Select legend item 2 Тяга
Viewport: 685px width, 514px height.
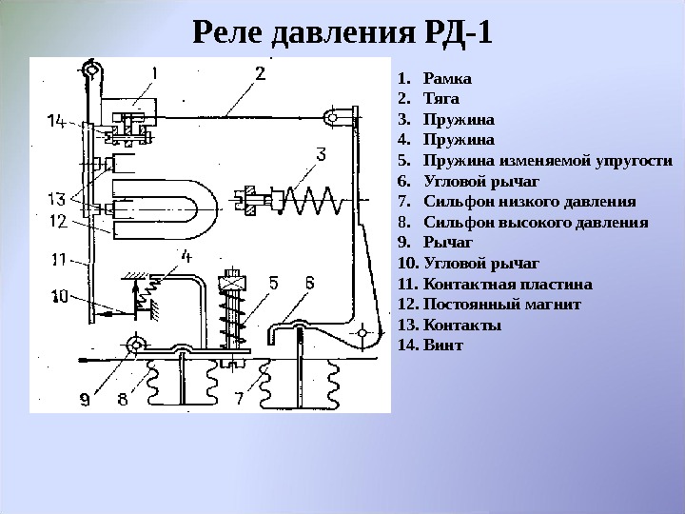(x=441, y=99)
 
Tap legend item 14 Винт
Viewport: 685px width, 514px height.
(x=441, y=345)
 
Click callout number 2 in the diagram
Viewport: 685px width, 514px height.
(x=259, y=73)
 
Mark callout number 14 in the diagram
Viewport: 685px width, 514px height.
(x=56, y=121)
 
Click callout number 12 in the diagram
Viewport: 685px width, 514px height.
(x=58, y=222)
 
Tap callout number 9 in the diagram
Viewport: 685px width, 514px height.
(x=85, y=401)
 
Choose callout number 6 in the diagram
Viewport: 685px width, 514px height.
(x=310, y=283)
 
